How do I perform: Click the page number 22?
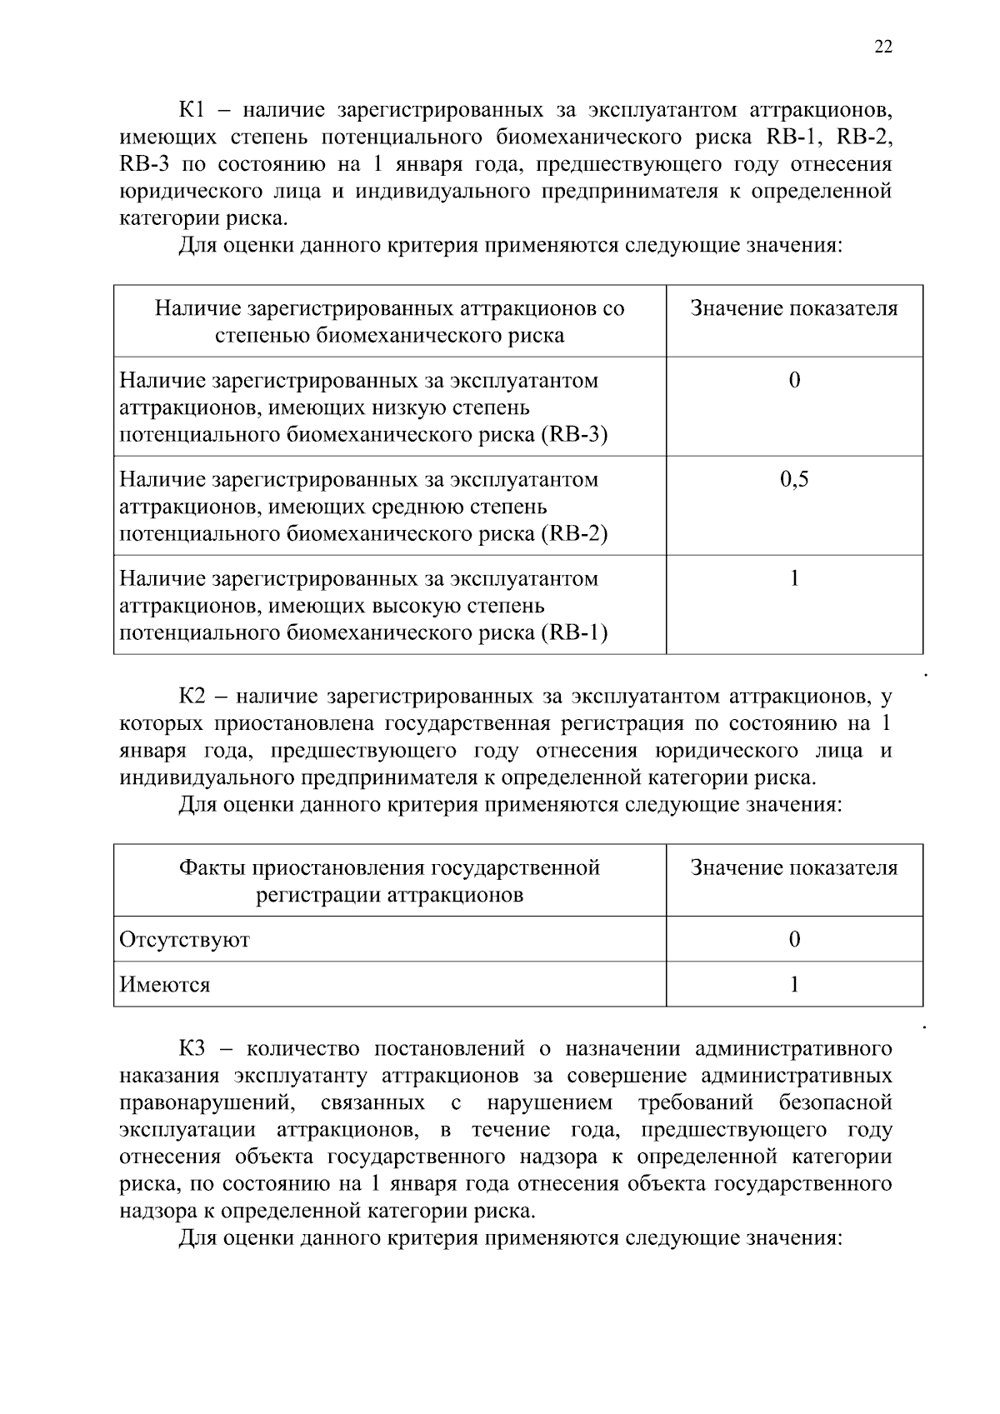[883, 47]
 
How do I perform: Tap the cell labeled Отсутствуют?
[185, 940]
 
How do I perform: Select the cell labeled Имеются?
[165, 985]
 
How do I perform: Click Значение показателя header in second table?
[793, 868]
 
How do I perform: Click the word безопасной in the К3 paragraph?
[835, 1103]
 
